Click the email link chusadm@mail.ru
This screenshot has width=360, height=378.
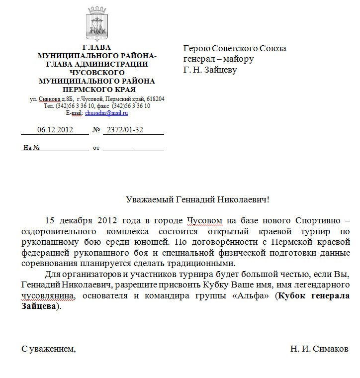[x=106, y=113]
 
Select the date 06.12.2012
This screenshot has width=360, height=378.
[x=55, y=130]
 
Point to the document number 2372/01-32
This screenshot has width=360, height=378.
[x=122, y=130]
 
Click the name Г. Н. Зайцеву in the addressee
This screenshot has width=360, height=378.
[x=210, y=70]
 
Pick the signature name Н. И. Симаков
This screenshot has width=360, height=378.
[x=319, y=349]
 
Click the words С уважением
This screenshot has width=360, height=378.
[x=48, y=349]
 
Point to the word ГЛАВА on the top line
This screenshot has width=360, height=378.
[x=97, y=47]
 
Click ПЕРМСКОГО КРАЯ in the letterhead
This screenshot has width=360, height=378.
[x=97, y=90]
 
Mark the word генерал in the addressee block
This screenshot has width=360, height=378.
[x=198, y=59]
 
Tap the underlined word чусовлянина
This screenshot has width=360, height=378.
[x=48, y=295]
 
